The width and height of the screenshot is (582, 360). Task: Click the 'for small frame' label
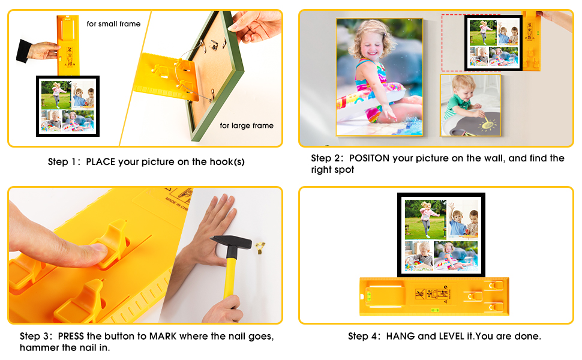click(113, 24)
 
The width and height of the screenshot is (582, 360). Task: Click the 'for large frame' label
click(246, 125)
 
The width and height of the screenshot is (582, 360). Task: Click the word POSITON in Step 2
click(369, 158)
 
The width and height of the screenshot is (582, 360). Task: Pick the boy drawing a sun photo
click(470, 106)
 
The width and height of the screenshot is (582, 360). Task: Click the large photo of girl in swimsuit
click(379, 77)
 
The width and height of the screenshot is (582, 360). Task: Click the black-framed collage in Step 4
click(441, 235)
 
